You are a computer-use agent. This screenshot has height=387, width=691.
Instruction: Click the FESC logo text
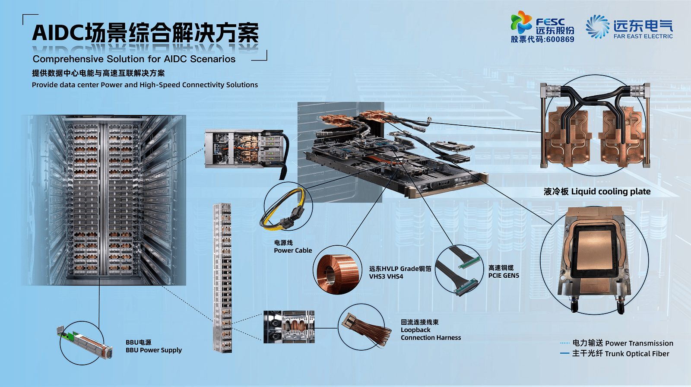(550, 22)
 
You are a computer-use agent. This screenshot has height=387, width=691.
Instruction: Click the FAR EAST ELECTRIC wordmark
(643, 36)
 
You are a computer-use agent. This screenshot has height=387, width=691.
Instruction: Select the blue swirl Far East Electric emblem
(598, 26)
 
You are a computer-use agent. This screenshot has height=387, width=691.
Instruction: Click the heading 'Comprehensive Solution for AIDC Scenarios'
(134, 59)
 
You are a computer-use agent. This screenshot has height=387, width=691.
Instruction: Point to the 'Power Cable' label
(293, 250)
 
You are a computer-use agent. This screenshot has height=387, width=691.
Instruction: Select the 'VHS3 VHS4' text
(386, 276)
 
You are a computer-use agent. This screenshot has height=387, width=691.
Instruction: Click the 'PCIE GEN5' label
(504, 276)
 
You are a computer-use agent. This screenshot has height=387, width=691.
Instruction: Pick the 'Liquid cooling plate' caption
(611, 192)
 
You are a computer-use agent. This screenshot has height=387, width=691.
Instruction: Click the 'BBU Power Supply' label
(154, 350)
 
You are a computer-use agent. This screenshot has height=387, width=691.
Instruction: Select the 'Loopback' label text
(415, 330)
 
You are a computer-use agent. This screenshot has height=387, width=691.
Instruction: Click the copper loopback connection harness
(364, 329)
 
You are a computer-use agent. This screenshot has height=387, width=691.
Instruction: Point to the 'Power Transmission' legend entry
(639, 343)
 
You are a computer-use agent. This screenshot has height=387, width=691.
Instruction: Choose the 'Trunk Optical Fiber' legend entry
(637, 354)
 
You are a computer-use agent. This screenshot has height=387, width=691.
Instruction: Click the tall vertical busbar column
(222, 278)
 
